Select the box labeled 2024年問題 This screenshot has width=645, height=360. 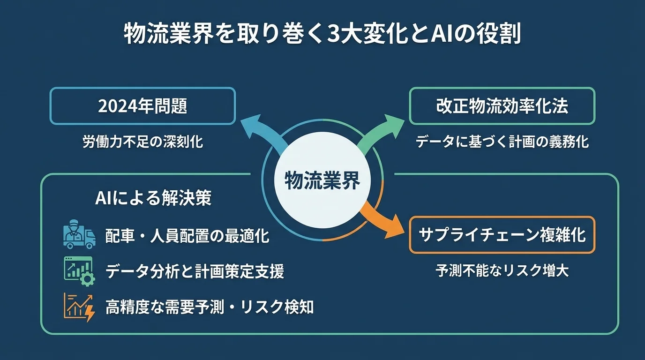(142, 106)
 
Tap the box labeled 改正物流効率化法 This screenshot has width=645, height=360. (502, 106)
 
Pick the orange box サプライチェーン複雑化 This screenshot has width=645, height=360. (502, 234)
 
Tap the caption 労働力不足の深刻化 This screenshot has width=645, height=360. (142, 142)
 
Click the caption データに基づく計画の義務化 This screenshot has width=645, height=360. (502, 142)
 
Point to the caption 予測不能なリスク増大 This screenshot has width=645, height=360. (502, 270)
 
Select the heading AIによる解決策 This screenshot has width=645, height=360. (153, 198)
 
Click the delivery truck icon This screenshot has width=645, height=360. (78, 234)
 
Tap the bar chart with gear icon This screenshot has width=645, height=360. (78, 271)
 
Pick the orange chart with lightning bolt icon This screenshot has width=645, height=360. (78, 307)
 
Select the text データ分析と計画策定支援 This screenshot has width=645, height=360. (195, 271)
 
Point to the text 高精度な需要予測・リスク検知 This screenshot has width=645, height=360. (209, 307)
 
